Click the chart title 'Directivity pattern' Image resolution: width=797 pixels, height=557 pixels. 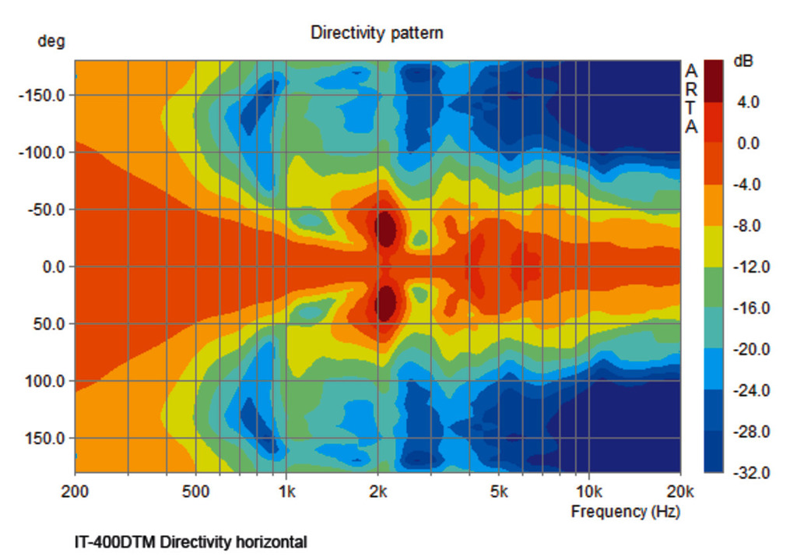pyautogui.click(x=377, y=33)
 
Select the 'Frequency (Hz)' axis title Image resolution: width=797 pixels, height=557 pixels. pyautogui.click(x=625, y=511)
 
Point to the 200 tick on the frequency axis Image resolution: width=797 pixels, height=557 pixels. pyautogui.click(x=75, y=492)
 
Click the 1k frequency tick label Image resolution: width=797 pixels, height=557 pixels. pyautogui.click(x=286, y=492)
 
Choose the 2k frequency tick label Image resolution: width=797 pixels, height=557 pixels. pyautogui.click(x=378, y=492)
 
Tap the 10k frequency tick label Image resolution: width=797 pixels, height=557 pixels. pyautogui.click(x=589, y=492)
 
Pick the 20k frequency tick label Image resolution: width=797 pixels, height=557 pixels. pyautogui.click(x=680, y=492)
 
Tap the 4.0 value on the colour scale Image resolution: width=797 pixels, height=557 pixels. pyautogui.click(x=748, y=102)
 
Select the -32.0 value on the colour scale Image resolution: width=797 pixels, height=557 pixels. pyautogui.click(x=748, y=473)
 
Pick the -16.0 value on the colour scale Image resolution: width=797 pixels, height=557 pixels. pyautogui.click(x=748, y=308)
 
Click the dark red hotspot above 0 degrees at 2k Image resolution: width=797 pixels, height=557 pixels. pyautogui.click(x=385, y=227)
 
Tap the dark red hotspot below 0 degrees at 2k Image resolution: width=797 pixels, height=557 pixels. pyautogui.click(x=385, y=303)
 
